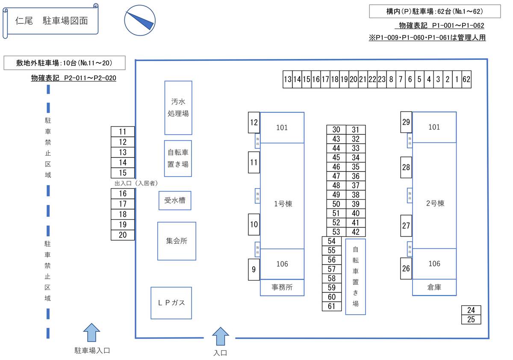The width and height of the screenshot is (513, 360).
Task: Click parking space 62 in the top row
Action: (x=466, y=79)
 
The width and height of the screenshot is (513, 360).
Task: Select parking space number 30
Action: (x=336, y=130)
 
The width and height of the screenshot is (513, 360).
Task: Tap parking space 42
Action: (x=356, y=232)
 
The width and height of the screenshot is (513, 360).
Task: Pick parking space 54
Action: (x=332, y=241)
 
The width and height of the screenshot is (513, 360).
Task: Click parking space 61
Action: (x=332, y=306)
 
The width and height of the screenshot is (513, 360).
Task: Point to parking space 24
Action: (x=471, y=310)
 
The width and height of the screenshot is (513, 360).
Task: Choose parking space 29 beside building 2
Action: (x=406, y=122)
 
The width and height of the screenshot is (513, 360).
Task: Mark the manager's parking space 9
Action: (x=254, y=269)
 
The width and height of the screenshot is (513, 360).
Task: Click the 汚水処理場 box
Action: (x=178, y=108)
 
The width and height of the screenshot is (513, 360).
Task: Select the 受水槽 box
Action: (x=175, y=200)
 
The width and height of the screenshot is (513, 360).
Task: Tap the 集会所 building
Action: (x=177, y=241)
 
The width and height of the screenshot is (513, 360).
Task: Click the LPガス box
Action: (x=171, y=303)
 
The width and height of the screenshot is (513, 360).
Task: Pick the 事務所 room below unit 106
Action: (x=282, y=287)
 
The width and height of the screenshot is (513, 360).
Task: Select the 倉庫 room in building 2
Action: (x=434, y=287)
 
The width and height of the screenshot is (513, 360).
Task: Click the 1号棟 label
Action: (x=283, y=204)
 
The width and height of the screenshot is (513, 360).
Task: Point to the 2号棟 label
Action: (x=435, y=203)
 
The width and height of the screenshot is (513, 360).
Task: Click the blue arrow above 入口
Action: (x=221, y=336)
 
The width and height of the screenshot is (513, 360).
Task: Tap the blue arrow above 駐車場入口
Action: (x=91, y=332)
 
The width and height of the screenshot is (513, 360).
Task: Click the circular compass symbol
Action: (x=139, y=20)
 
